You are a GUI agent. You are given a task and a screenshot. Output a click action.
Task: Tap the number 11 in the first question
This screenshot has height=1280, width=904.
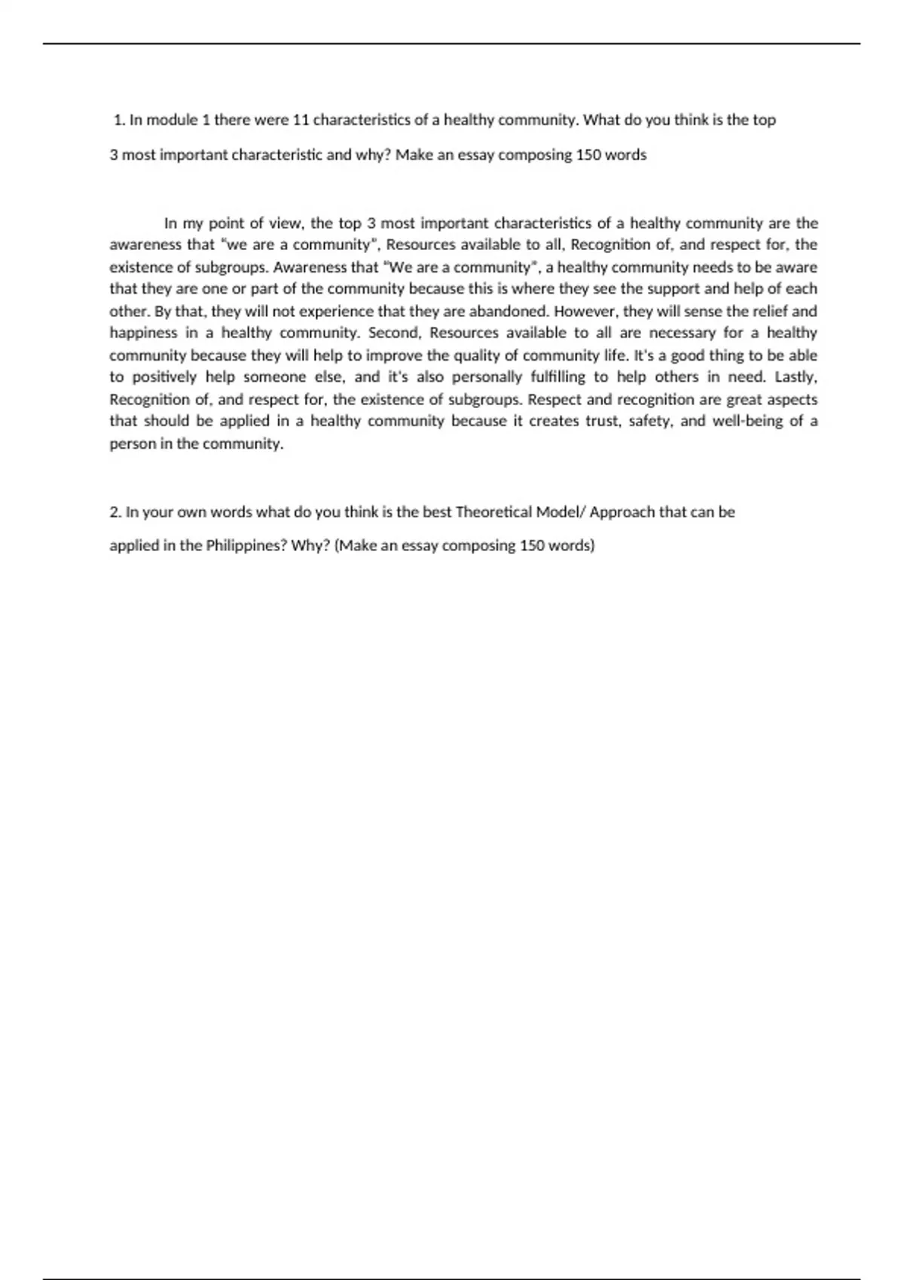[x=301, y=120]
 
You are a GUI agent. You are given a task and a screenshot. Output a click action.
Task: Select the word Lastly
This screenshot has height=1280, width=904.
[x=796, y=377]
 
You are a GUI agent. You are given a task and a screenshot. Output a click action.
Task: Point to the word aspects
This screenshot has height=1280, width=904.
[x=794, y=399]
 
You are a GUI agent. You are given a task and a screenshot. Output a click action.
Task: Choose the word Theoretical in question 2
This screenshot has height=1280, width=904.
[x=493, y=512]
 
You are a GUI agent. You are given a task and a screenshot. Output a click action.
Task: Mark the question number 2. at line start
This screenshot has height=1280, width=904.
[x=115, y=512]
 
